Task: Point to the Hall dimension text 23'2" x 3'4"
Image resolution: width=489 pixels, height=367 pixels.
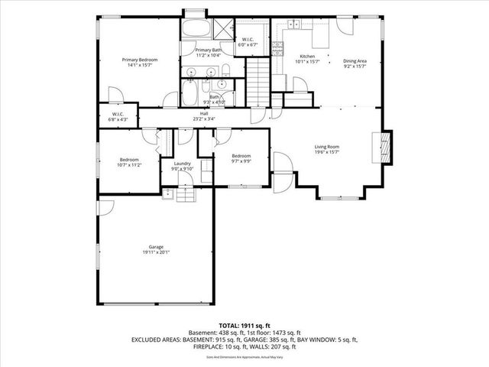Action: coord(204,119)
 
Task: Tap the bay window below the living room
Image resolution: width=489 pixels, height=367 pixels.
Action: coord(338,196)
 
